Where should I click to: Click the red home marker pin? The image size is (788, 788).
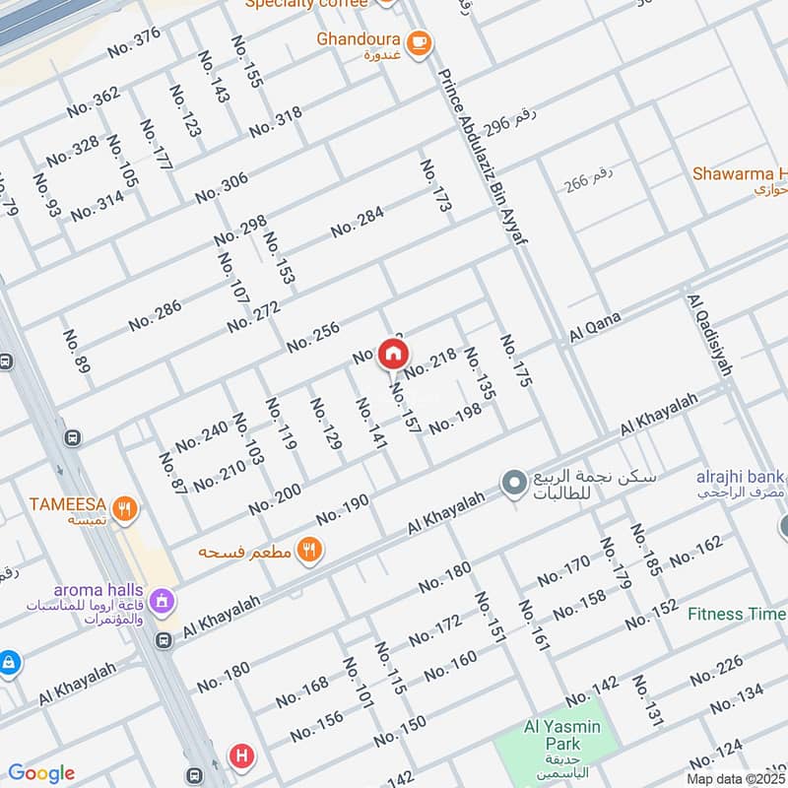coord(393,354)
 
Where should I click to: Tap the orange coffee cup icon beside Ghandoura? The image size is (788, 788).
coord(419,41)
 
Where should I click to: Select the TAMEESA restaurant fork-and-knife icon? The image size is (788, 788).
coord(124,508)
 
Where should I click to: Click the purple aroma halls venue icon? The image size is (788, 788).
coord(163,599)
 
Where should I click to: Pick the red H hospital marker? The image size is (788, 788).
coord(240,756)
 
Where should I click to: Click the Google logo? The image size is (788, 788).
coord(41,773)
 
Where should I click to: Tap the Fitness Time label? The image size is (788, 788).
coord(736,614)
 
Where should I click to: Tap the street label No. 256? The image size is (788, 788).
coord(313,338)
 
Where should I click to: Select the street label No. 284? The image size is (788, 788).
coord(357,222)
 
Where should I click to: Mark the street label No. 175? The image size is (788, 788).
coord(515,361)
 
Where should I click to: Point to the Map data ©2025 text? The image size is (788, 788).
coord(735,778)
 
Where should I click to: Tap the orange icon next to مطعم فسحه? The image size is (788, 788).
coord(309,551)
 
